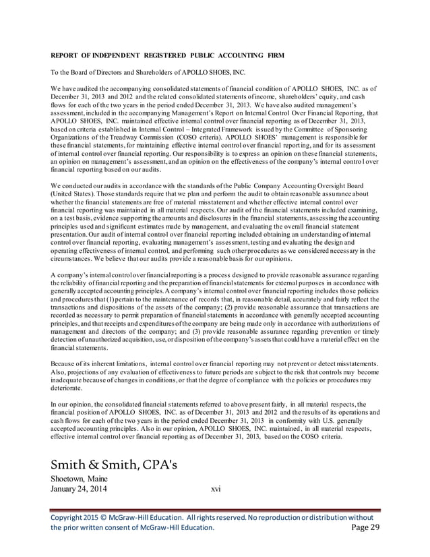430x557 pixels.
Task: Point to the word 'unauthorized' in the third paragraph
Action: click(x=98, y=339)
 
